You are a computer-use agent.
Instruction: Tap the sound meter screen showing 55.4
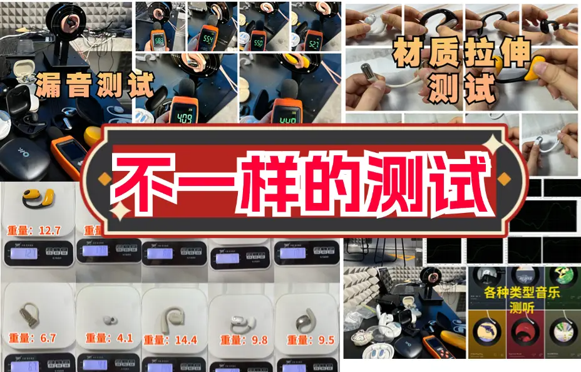pos(210,41)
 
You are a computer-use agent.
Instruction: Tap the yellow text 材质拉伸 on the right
pos(461,55)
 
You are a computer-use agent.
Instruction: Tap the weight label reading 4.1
pos(110,339)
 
